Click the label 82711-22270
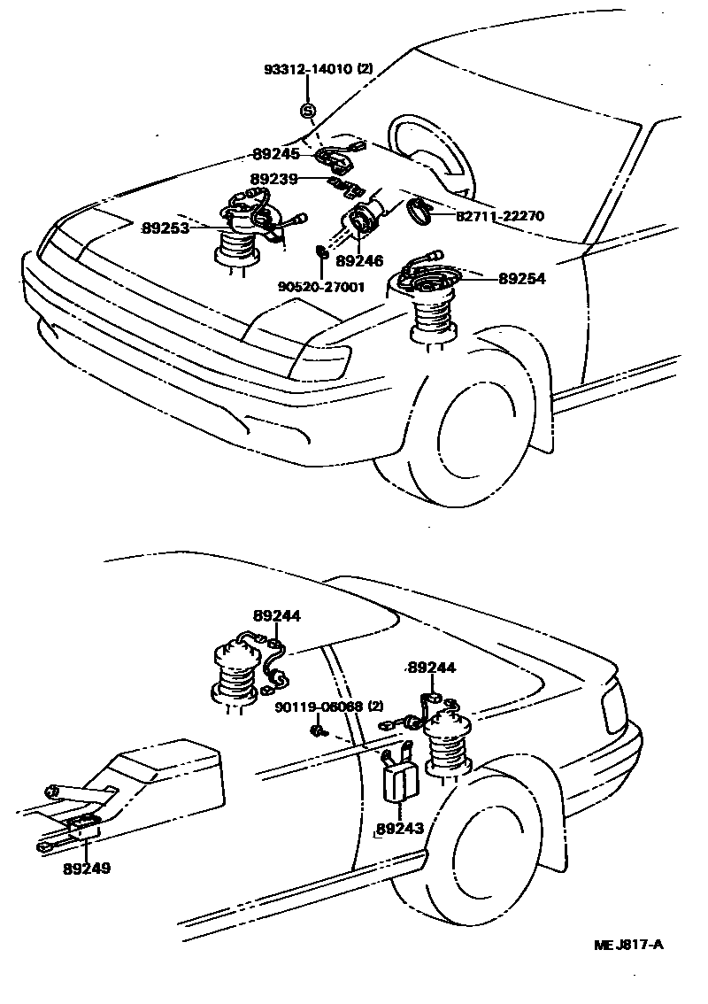point(500,215)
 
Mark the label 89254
point(521,278)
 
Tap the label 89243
point(399,829)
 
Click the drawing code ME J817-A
point(628,945)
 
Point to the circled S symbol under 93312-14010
point(307,111)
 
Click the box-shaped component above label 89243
point(400,779)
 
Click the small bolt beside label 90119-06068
point(317,730)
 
